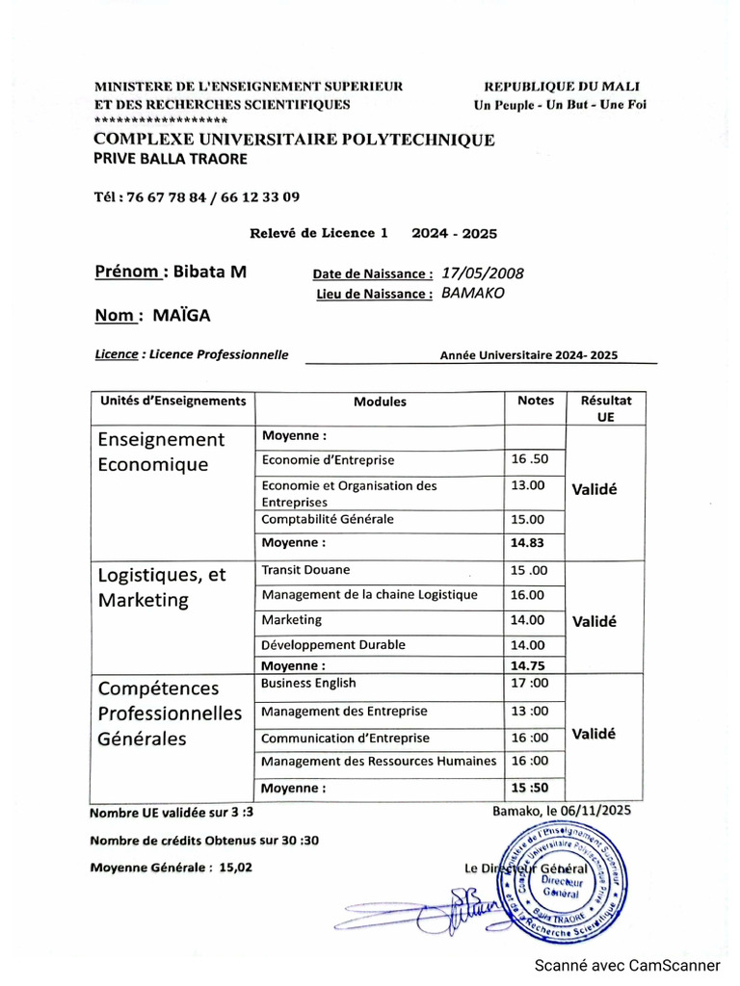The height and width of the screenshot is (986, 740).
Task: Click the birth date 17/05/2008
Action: click(482, 273)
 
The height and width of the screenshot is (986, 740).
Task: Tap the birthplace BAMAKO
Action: click(473, 294)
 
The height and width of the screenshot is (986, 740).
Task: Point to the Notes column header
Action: click(536, 401)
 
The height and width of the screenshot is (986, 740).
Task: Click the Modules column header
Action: click(380, 402)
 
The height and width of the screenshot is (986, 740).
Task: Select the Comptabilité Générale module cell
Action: click(328, 519)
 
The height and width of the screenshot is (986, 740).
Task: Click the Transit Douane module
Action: click(305, 570)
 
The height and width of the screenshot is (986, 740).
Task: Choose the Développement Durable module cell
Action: click(333, 645)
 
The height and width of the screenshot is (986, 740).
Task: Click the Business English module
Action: click(308, 683)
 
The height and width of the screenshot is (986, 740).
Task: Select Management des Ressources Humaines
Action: click(379, 762)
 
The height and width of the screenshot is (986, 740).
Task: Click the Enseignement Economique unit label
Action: click(161, 452)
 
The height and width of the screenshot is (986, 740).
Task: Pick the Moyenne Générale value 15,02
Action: click(236, 867)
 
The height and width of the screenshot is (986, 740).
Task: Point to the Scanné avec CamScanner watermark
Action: click(627, 965)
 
